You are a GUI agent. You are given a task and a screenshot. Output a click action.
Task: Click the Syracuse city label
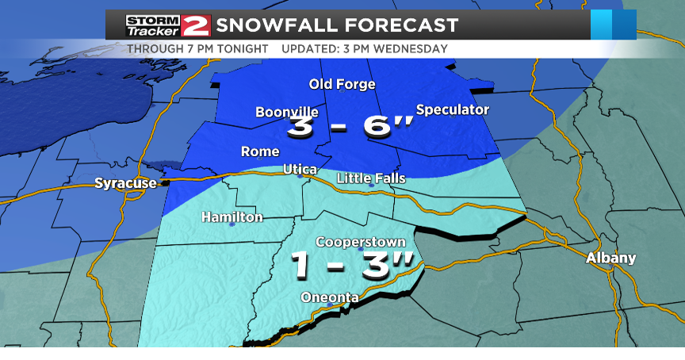pos(125,183)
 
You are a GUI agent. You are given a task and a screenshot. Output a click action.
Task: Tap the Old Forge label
pos(342,84)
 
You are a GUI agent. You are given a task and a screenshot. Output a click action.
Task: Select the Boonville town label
pos(286,113)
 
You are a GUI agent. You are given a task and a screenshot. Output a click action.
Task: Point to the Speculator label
pos(453,109)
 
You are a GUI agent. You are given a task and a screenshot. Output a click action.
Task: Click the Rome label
pos(260,151)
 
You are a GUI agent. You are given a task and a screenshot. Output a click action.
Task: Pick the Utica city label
pos(300,170)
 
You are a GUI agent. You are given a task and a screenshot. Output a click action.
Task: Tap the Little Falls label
pos(371,178)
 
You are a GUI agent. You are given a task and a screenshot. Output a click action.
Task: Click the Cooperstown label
pos(361,242)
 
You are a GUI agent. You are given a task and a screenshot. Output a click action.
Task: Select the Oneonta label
pos(330,297)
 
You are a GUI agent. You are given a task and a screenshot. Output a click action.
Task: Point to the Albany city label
pos(610,258)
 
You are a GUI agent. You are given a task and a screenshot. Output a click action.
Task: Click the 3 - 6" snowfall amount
pos(350,128)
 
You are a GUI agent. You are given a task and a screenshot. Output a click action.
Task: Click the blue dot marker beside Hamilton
pos(232,225)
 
